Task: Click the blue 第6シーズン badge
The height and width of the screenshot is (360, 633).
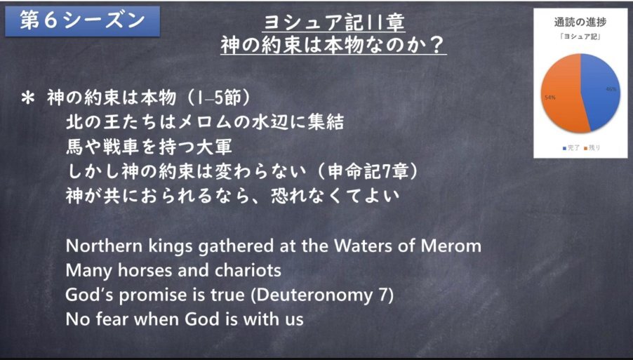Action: tap(82, 21)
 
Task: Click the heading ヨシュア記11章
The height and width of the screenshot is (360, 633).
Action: tap(334, 23)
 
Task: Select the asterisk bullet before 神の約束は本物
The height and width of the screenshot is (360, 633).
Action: tap(29, 99)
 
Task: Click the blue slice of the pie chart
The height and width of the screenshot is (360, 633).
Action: tap(601, 92)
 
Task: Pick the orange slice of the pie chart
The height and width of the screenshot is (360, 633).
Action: tap(562, 93)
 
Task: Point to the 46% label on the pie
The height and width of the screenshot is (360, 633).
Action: tap(611, 89)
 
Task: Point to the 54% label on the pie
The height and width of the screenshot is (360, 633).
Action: tap(549, 98)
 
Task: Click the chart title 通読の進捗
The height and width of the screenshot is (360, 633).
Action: tap(580, 22)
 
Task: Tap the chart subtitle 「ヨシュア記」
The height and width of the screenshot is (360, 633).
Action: tap(581, 37)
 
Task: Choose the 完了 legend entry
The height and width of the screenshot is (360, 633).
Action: tap(571, 148)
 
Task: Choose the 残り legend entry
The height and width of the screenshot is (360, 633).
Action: tap(592, 148)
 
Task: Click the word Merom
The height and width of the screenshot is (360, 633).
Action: tap(451, 246)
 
